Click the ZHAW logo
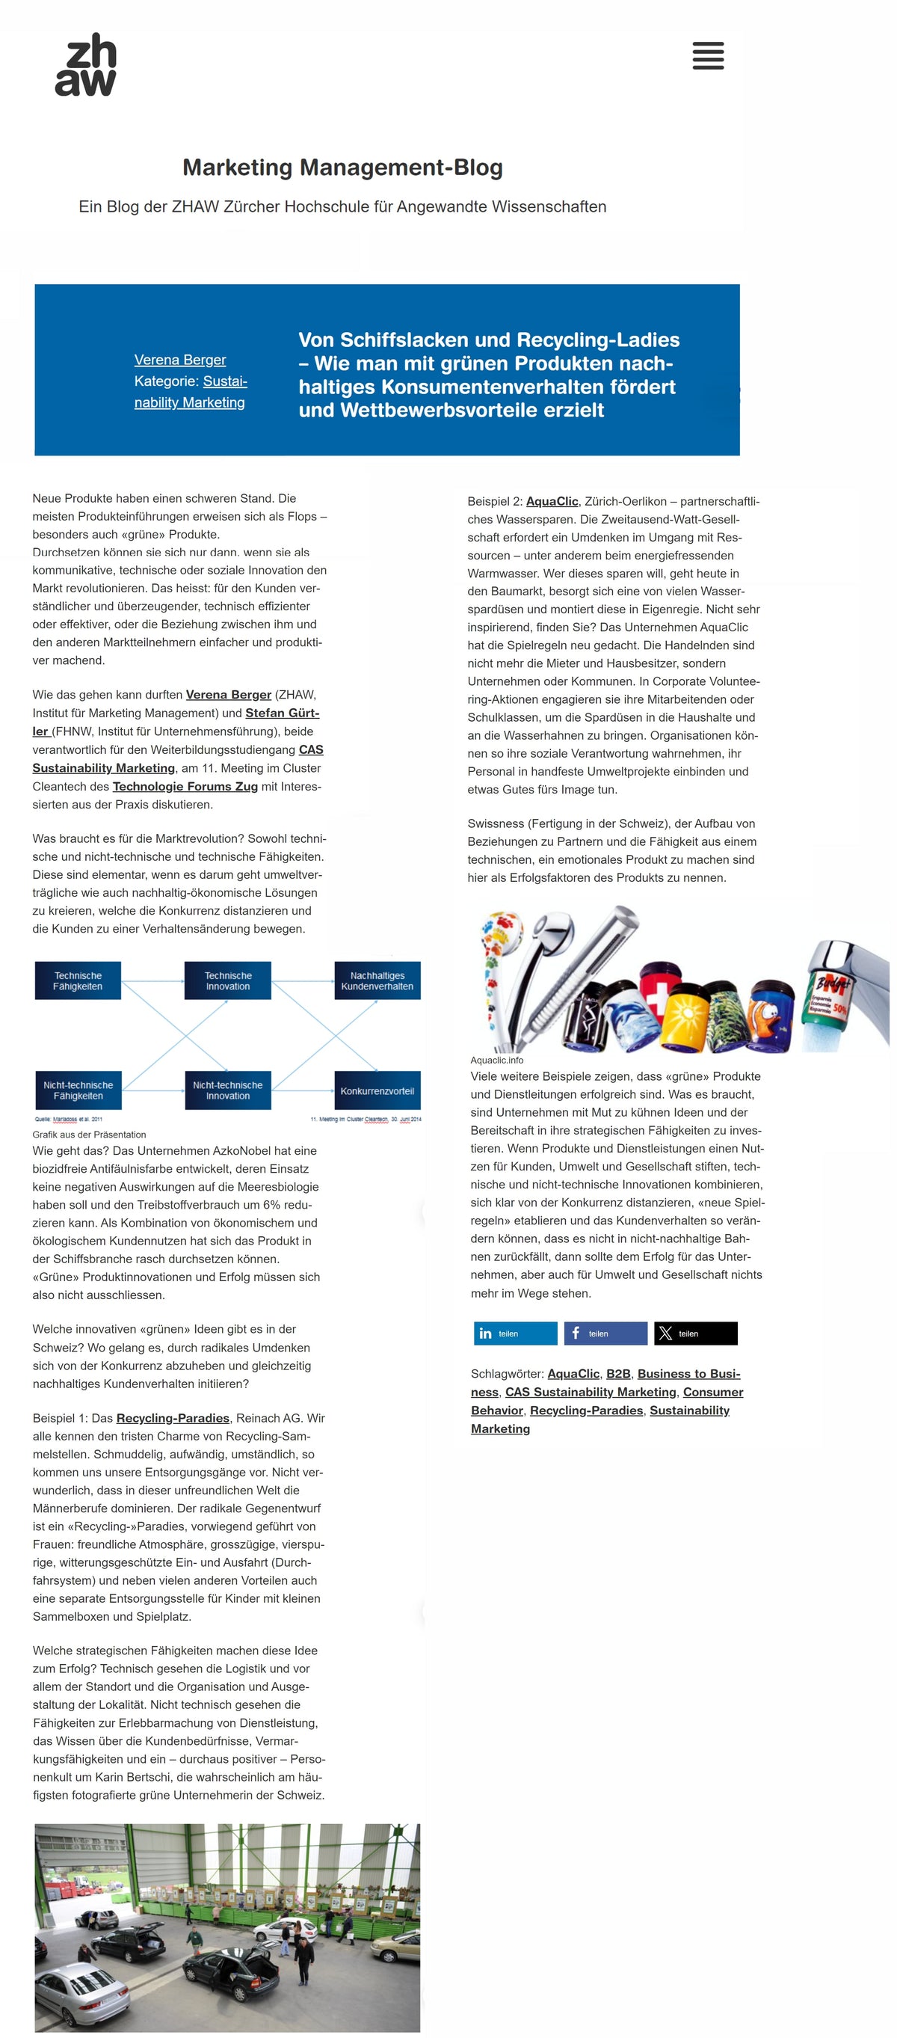[85, 64]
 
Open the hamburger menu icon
[707, 56]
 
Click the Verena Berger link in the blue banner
[179, 360]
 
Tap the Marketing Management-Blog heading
[342, 168]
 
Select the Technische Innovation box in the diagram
[228, 981]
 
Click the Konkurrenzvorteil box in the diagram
[377, 1091]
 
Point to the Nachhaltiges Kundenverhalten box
[377, 981]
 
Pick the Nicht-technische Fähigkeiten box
[78, 1090]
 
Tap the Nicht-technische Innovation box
[228, 1090]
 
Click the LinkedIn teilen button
[515, 1334]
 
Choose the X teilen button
[695, 1334]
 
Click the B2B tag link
[617, 1374]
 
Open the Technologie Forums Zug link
[185, 786]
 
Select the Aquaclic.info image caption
[497, 1061]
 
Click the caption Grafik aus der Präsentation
[90, 1135]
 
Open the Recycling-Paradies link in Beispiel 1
[173, 1419]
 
